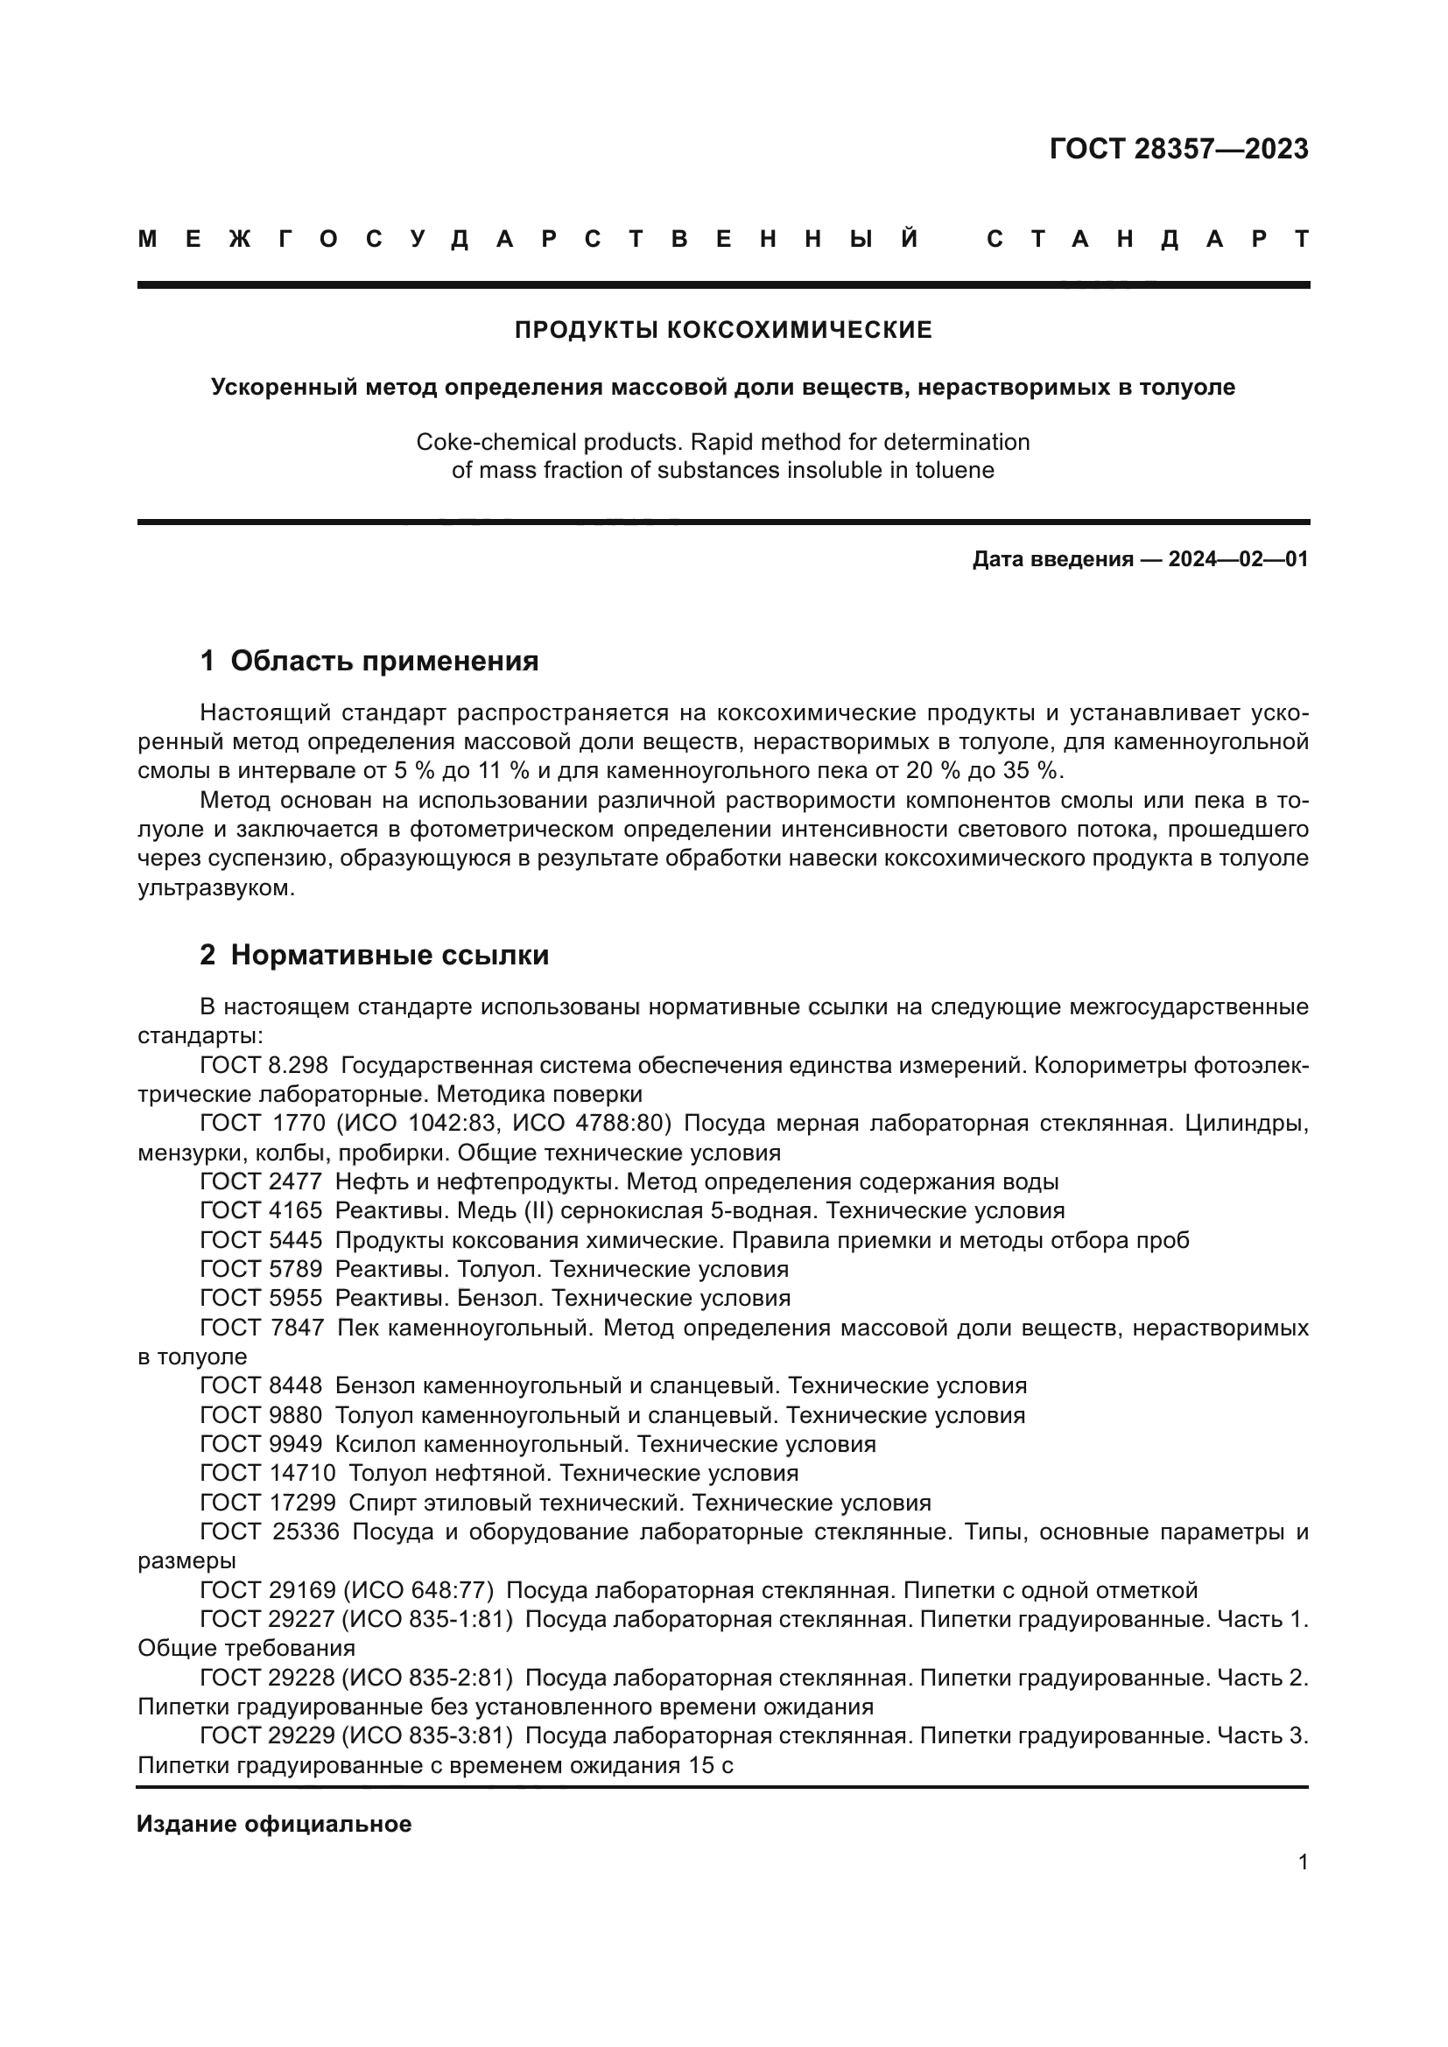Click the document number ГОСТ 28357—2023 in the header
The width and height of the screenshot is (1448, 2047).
(1177, 149)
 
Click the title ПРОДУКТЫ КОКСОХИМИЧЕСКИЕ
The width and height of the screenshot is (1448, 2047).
(723, 331)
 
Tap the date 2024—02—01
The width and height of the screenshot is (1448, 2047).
(1238, 560)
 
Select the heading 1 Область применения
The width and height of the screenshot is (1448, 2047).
(369, 662)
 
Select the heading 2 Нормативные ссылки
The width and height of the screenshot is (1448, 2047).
(374, 956)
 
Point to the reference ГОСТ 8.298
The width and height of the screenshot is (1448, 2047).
(264, 1065)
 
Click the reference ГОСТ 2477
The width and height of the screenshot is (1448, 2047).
(260, 1182)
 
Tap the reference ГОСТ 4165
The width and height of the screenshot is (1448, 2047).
(260, 1210)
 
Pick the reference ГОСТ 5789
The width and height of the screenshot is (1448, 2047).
(260, 1270)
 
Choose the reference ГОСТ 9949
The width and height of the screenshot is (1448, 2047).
(260, 1444)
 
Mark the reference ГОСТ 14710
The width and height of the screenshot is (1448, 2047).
(268, 1473)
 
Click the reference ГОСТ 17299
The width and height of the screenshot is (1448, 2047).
(268, 1504)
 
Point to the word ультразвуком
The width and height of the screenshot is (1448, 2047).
(214, 889)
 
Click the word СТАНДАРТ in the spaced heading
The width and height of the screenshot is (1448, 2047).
(1148, 240)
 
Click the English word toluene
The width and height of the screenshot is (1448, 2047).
(954, 471)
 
